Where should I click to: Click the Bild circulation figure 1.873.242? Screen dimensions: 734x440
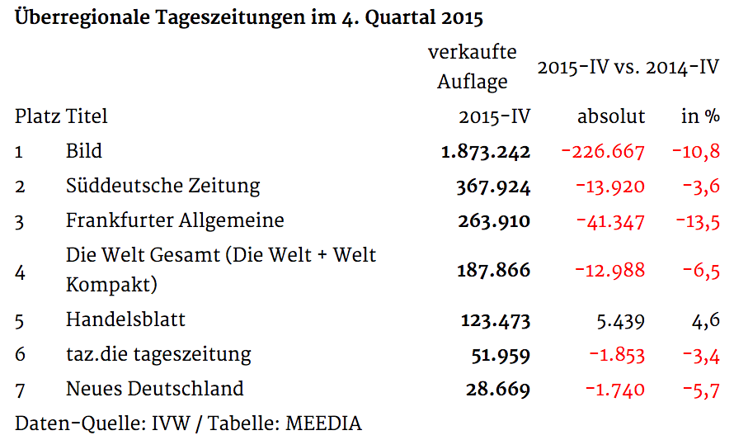pyautogui.click(x=486, y=152)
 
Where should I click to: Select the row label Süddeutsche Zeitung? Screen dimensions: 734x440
pyautogui.click(x=163, y=187)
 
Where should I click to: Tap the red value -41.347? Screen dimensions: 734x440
pyautogui.click(x=610, y=221)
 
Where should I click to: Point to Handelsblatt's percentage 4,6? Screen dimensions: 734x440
pyautogui.click(x=705, y=321)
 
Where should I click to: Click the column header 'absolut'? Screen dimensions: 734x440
pyautogui.click(x=611, y=116)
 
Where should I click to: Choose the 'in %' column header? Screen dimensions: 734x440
pyautogui.click(x=700, y=116)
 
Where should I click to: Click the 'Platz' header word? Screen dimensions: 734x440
pyautogui.click(x=37, y=116)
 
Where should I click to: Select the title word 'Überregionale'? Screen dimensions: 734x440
pyautogui.click(x=82, y=18)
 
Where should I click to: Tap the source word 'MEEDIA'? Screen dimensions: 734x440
pyautogui.click(x=323, y=423)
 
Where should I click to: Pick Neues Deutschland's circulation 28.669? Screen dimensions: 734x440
pyautogui.click(x=497, y=390)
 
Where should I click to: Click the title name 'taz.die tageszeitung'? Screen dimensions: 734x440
pyautogui.click(x=158, y=355)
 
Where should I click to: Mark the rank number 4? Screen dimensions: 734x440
pyautogui.click(x=20, y=272)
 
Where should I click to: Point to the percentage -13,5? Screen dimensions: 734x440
pyautogui.click(x=698, y=221)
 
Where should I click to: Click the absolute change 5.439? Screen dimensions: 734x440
pyautogui.click(x=621, y=321)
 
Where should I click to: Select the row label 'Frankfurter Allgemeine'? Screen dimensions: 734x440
pyautogui.click(x=175, y=220)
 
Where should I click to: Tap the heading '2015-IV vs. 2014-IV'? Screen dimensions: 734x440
pyautogui.click(x=628, y=68)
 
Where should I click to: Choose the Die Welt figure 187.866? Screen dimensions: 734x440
pyautogui.click(x=494, y=271)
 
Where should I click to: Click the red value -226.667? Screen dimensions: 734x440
pyautogui.click(x=603, y=152)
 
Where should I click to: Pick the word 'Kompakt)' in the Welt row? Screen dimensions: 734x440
pyautogui.click(x=111, y=286)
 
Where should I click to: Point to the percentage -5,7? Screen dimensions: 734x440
pyautogui.click(x=701, y=390)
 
